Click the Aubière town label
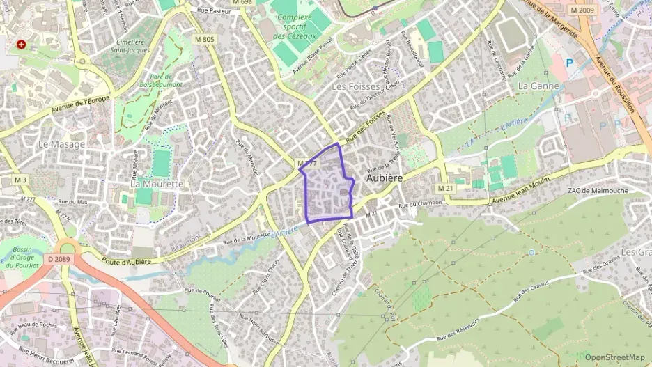[x=386, y=178]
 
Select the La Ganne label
[x=534, y=85]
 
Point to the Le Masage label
[x=61, y=144]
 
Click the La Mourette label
[x=156, y=184]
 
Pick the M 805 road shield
[x=204, y=39]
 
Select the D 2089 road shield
[x=60, y=259]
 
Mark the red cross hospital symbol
[x=22, y=45]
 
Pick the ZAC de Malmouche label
[x=597, y=190]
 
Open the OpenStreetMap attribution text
[x=614, y=357]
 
